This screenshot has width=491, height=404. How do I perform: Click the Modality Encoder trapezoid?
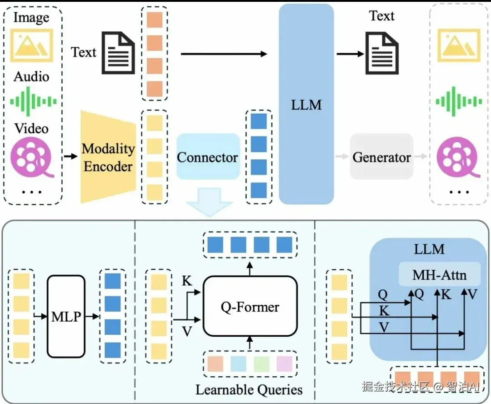pyautogui.click(x=108, y=157)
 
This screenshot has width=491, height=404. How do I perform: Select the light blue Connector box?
pyautogui.click(x=208, y=157)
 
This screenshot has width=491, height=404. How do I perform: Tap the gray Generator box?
pyautogui.click(x=381, y=157)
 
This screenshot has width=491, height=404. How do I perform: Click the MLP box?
pyautogui.click(x=66, y=316)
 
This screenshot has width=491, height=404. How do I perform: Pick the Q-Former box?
pyautogui.click(x=250, y=307)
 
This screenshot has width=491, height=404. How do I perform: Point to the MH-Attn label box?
pyautogui.click(x=440, y=274)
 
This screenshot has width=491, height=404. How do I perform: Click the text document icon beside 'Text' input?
pyautogui.click(x=118, y=53)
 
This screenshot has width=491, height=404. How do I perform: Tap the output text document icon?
pyautogui.click(x=382, y=53)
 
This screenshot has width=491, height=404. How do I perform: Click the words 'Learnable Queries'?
pyautogui.click(x=249, y=389)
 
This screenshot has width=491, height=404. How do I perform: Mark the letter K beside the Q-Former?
pyautogui.click(x=187, y=281)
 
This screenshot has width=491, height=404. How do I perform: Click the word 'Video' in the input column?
pyautogui.click(x=31, y=128)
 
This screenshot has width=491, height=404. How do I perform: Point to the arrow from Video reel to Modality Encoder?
pyautogui.click(x=70, y=157)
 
